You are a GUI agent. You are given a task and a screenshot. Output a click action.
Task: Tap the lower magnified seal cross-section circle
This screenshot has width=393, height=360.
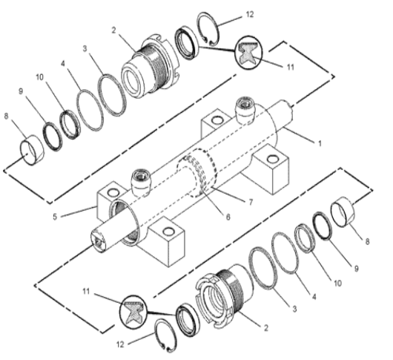point(136,310)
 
